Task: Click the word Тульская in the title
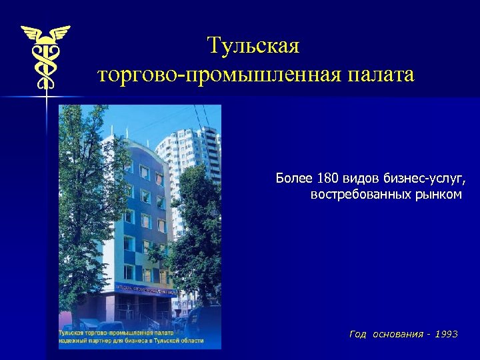pos(253,46)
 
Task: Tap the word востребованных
pos(355,195)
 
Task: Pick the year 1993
pos(446,334)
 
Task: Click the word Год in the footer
pos(358,334)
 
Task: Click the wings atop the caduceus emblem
pos(45,32)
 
